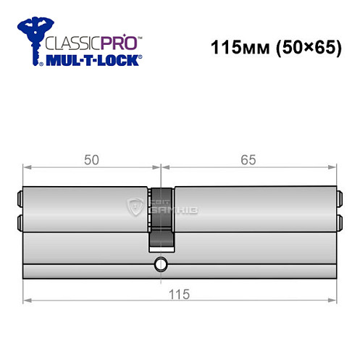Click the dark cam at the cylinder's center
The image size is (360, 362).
161,216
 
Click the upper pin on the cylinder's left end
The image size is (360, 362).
20,195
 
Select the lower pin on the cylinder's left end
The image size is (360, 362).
20,222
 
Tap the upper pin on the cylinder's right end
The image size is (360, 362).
338,195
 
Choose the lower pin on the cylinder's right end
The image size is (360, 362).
338,222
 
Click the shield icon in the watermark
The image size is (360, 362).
135,209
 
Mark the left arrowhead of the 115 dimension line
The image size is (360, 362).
27,299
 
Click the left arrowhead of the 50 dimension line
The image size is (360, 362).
27,169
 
